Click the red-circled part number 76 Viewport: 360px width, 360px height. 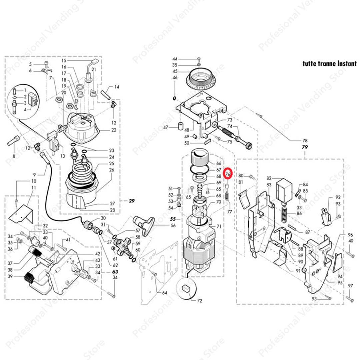point(228,174)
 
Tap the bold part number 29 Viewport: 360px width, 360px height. point(132,201)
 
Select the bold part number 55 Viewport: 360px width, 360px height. point(173,219)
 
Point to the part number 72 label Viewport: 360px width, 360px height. point(200,301)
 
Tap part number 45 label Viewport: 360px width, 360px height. point(175,71)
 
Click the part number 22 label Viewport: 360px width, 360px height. point(114,130)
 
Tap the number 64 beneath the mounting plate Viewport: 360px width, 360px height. point(165,293)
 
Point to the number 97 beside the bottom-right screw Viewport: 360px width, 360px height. point(350,286)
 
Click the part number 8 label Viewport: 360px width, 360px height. point(14,156)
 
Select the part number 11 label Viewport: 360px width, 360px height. point(34,188)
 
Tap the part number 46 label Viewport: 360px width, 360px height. point(175,78)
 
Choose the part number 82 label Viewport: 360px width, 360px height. point(269,178)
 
